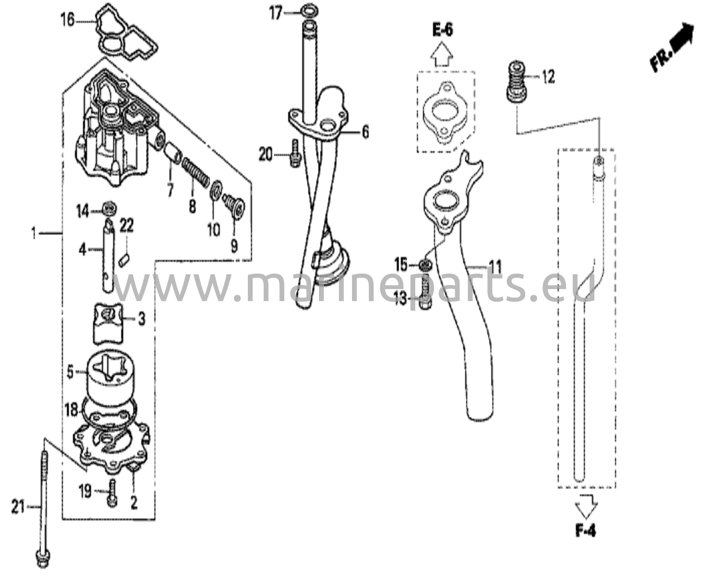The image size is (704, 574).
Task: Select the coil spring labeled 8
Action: click(195, 172)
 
